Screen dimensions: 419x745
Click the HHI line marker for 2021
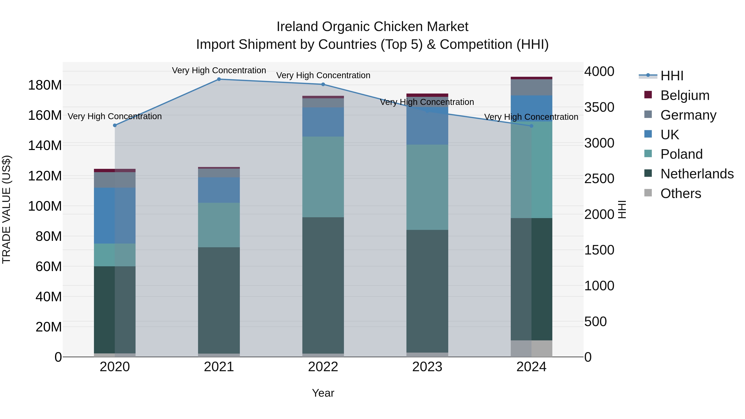219,79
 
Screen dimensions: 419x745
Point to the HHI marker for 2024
531,126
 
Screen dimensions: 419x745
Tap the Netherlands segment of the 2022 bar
323,285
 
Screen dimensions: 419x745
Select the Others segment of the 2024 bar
531,348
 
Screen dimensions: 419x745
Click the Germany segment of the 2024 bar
531,87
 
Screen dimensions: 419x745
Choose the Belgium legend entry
685,95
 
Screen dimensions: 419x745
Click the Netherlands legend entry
697,174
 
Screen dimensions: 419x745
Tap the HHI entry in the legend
672,76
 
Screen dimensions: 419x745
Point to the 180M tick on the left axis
45,85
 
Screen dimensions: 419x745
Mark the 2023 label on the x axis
427,367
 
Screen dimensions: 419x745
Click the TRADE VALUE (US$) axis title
6,209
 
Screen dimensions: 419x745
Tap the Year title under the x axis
323,393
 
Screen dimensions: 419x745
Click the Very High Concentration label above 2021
219,70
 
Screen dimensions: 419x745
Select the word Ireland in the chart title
298,27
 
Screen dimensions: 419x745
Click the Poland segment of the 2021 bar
219,225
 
